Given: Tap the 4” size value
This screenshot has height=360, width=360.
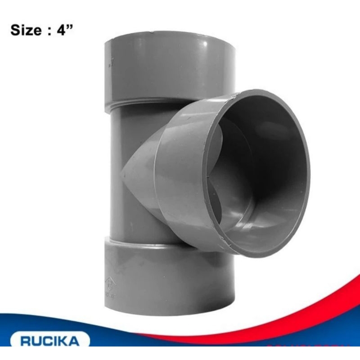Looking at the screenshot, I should click(x=63, y=31).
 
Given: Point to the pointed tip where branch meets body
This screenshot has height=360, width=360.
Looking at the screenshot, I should click(x=122, y=171).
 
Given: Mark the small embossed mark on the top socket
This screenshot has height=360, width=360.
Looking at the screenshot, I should click(x=108, y=65).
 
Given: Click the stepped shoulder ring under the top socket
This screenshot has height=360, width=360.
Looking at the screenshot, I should click(x=144, y=104).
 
